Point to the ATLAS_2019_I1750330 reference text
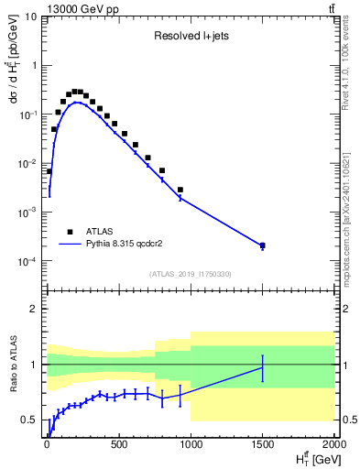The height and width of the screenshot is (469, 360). pos(190,274)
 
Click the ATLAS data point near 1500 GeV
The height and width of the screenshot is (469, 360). pos(262,245)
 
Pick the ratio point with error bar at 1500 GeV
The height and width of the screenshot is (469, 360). pos(262,367)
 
